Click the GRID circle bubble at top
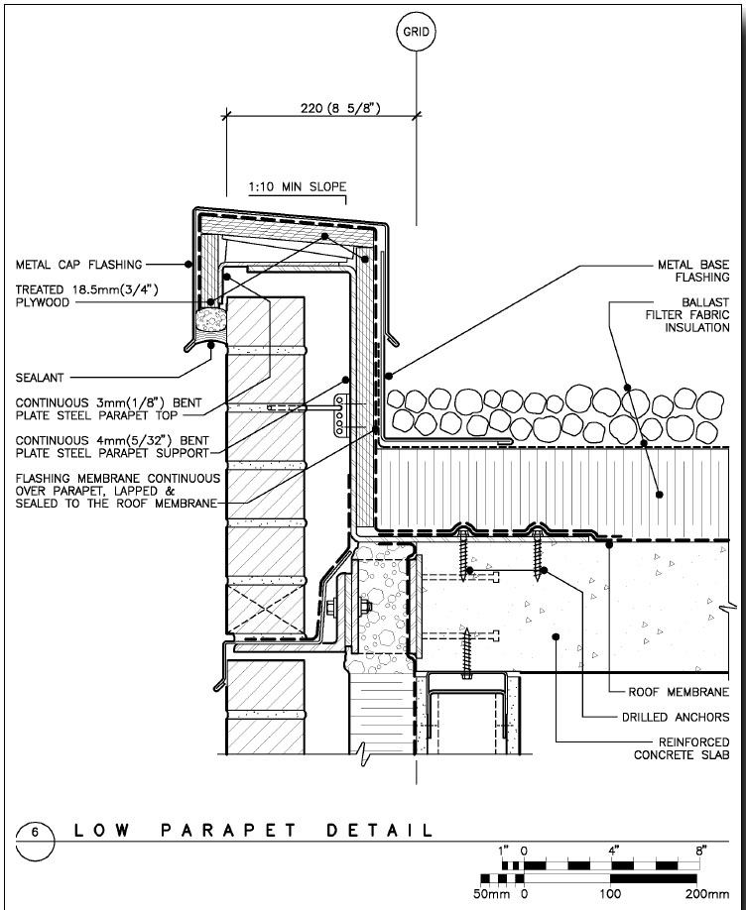click(415, 32)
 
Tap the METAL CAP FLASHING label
click(78, 265)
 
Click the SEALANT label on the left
click(40, 377)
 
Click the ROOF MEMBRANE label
click(680, 692)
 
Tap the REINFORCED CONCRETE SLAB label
click(683, 748)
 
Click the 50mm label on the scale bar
click(492, 893)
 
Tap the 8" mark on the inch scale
click(701, 851)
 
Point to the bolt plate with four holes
click(341, 414)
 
